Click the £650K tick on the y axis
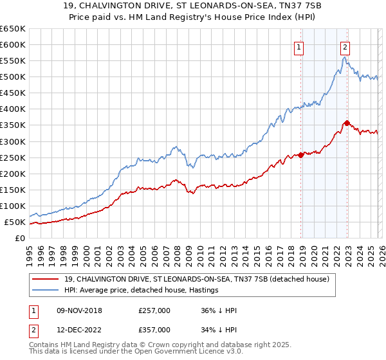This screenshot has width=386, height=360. [13, 29]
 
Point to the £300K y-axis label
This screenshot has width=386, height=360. [13, 141]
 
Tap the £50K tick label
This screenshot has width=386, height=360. [15, 222]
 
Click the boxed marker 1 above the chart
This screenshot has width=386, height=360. [300, 46]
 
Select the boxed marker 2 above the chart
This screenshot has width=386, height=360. [345, 46]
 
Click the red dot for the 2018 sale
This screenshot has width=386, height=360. [301, 155]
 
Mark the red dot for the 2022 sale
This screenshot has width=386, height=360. [347, 123]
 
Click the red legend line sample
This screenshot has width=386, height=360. [45, 279]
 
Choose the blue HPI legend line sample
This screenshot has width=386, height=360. [45, 291]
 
